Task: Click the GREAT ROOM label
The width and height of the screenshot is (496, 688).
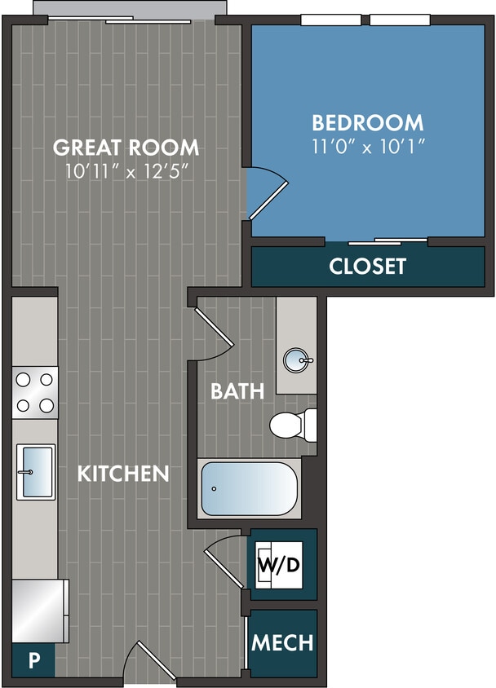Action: click(x=126, y=148)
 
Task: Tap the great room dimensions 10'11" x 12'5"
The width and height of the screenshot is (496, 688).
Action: click(x=126, y=172)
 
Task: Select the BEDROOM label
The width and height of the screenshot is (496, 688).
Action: click(x=368, y=123)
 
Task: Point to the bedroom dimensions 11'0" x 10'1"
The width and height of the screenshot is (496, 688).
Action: click(x=368, y=148)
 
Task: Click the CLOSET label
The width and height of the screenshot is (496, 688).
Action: click(x=367, y=267)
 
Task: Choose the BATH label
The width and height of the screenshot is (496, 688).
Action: click(x=237, y=391)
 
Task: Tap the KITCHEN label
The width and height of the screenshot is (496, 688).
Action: click(x=123, y=474)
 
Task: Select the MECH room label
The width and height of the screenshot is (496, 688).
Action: click(x=282, y=642)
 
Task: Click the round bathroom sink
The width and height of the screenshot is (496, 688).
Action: click(x=295, y=359)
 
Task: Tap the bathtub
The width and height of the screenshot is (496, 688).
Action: click(x=248, y=488)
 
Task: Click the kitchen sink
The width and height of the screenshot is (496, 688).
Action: click(x=35, y=471)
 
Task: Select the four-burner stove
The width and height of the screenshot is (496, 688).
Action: click(x=34, y=392)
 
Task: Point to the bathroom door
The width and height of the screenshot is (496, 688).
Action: click(x=211, y=334)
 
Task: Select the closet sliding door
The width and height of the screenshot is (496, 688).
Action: click(x=387, y=241)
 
